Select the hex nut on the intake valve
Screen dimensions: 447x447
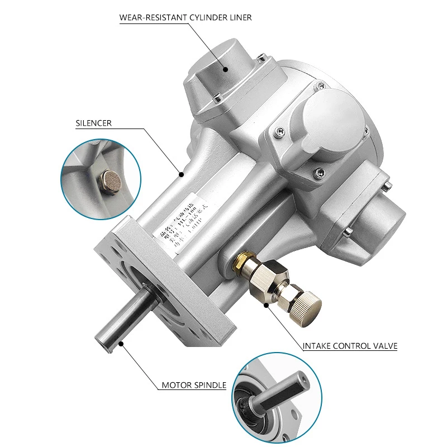pos(267,276)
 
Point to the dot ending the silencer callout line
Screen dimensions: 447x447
pos(181,174)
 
